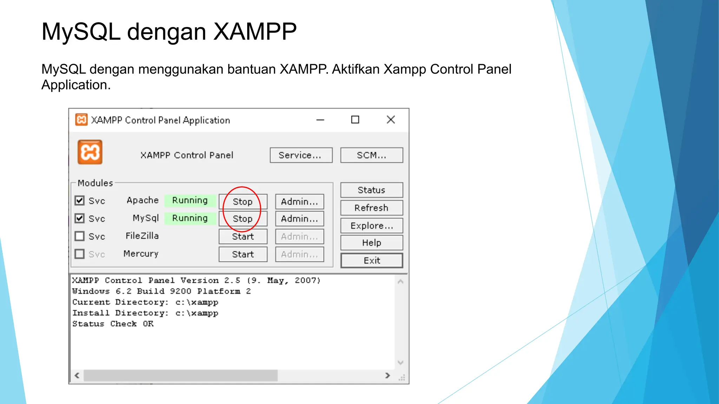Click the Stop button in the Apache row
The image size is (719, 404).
(x=243, y=202)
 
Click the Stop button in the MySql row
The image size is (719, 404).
(x=243, y=219)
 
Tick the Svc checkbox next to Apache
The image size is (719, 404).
(x=80, y=201)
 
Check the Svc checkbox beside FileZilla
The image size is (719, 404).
(x=80, y=236)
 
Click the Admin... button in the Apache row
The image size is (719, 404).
(x=299, y=202)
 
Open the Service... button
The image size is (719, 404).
(x=301, y=155)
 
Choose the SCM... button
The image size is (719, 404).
(x=371, y=155)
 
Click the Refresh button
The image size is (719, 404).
(x=371, y=208)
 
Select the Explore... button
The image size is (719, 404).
(x=371, y=225)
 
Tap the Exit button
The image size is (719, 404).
(x=371, y=261)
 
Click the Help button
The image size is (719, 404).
(x=371, y=243)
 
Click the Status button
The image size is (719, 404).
(x=371, y=190)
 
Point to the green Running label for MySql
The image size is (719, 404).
(x=190, y=218)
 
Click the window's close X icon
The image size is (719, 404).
(x=391, y=120)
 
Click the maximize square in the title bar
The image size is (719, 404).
(x=355, y=120)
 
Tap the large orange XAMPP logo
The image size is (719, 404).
(x=90, y=152)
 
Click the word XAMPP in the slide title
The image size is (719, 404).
(x=255, y=32)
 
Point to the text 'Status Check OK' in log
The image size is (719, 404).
(x=113, y=324)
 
